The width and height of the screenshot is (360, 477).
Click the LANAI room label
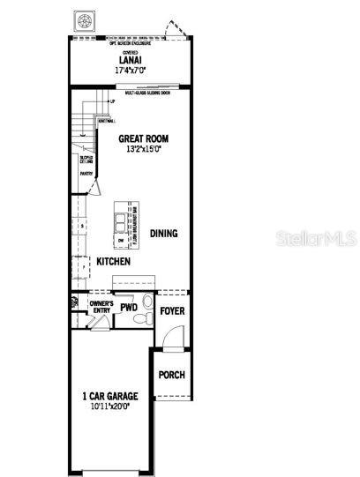coord(131,59)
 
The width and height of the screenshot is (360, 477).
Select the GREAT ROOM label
coord(143,139)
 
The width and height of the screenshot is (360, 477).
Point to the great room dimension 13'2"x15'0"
coord(143,149)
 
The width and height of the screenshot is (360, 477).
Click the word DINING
coord(163,234)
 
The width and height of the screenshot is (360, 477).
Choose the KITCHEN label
coord(114,262)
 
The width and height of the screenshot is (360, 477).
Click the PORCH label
coord(171,375)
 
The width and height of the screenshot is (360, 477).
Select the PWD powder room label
coord(129,308)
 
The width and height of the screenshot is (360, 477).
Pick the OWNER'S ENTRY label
coord(101,307)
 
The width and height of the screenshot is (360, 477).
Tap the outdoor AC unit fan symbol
coord(86,20)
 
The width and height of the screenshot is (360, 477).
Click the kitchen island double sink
coord(132,214)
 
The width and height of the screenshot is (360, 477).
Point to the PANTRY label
coord(86,174)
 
